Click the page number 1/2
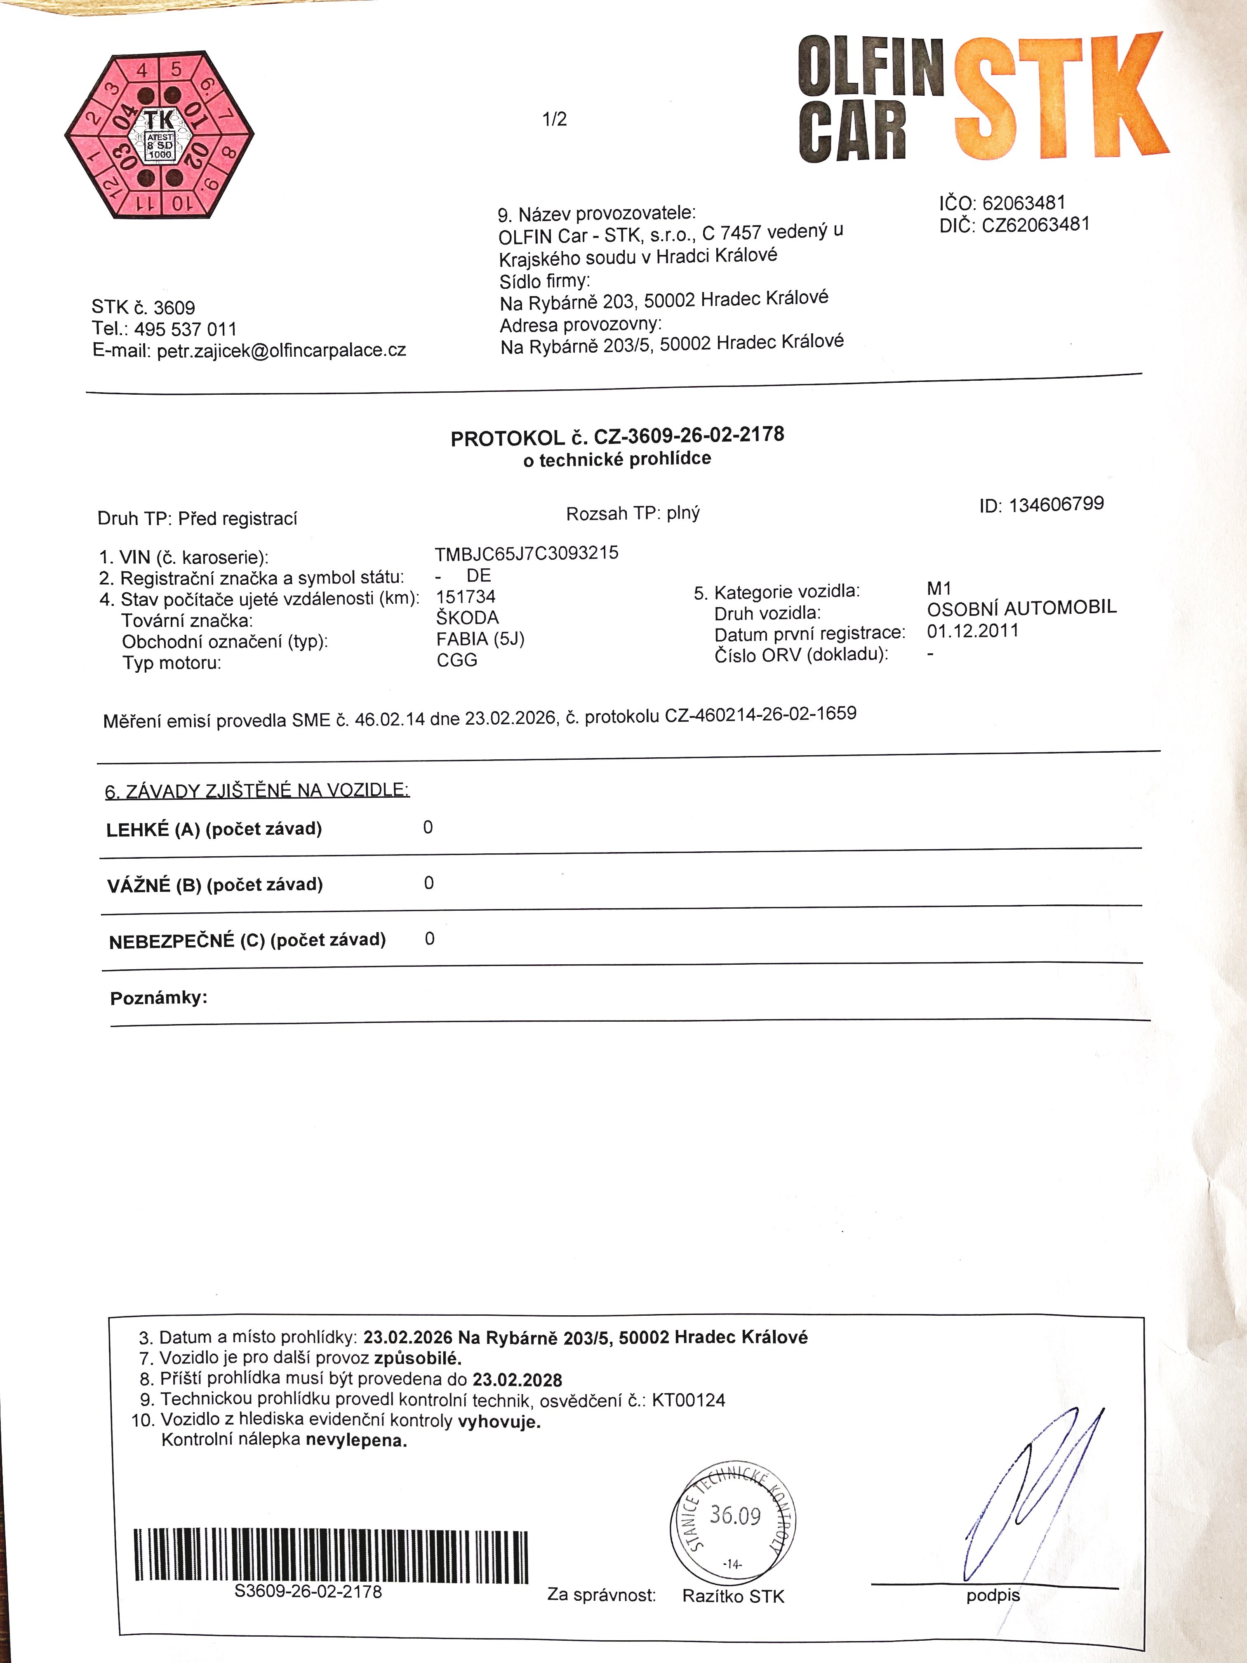click(555, 119)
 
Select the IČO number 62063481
click(1024, 203)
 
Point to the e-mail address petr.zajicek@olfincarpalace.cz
click(281, 350)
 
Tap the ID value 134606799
click(1056, 504)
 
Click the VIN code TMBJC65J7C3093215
click(526, 554)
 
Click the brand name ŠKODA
click(467, 618)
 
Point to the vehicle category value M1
click(939, 589)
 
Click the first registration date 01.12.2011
click(973, 631)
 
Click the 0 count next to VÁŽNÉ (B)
click(428, 883)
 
